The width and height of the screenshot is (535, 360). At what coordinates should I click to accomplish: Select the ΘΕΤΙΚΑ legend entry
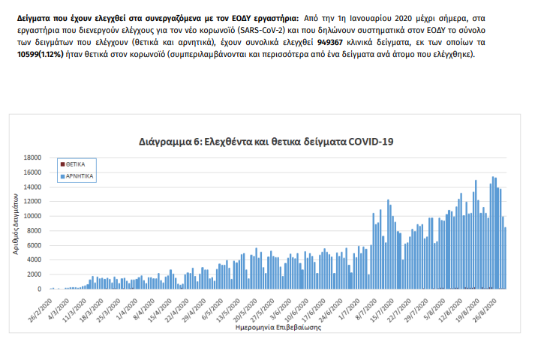pos(74,163)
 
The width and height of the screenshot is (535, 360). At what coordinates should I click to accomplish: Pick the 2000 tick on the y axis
pos(34,274)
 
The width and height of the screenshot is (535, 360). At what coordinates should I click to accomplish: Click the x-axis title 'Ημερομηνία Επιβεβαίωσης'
pos(272,328)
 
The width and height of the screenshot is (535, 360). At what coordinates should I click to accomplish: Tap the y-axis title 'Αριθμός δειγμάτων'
pos(15,224)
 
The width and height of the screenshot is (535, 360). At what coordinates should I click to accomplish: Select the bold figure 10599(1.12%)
pos(44,55)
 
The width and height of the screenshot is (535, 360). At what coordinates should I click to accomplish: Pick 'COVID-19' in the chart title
pos(368,141)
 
